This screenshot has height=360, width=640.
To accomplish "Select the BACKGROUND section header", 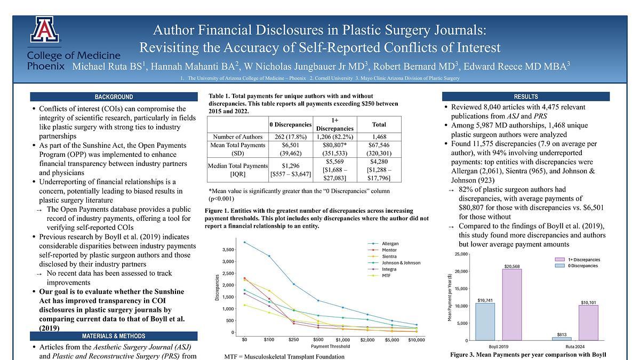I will tap(114, 97).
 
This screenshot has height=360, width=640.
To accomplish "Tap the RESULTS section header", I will tap(525, 97).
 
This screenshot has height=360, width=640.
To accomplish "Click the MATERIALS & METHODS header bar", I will tap(114, 336).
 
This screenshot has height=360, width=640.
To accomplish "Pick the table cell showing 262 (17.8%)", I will tap(290, 136).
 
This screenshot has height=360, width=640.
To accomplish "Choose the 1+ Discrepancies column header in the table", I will tap(335, 124).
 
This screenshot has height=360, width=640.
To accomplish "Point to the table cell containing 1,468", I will tap(379, 136).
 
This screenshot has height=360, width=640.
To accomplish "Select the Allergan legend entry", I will tap(390, 244).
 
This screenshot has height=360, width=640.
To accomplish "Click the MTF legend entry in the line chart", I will tap(387, 275).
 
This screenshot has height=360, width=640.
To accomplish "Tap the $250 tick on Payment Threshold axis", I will tap(294, 339).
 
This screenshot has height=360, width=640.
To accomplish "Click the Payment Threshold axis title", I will tap(330, 346).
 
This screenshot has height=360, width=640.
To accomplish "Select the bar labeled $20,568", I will tap(511, 304).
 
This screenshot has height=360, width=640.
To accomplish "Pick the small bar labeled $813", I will tap(562, 339).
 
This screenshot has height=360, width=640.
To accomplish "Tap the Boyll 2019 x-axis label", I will tap(498, 347).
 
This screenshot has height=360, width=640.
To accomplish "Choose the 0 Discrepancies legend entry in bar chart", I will tap(582, 266).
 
